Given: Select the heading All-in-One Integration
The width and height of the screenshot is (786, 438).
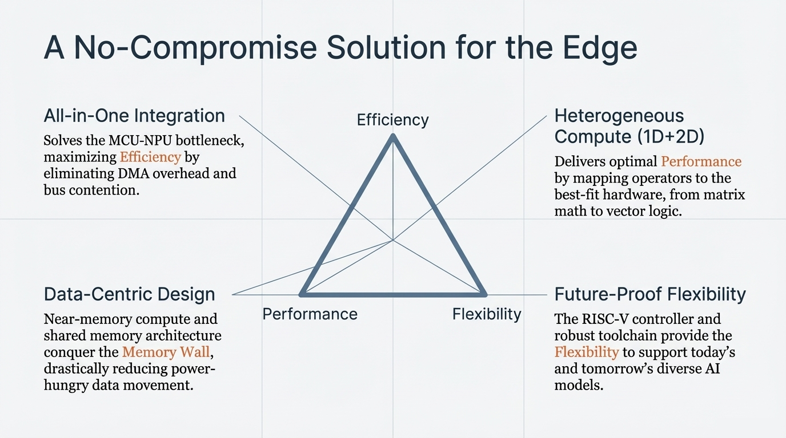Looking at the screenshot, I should click(134, 116).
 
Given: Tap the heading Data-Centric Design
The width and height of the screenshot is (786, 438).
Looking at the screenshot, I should click(130, 294).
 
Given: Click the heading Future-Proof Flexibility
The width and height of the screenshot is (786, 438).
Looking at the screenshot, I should click(650, 294).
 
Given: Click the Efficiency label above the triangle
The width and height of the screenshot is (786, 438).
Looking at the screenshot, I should click(392, 120).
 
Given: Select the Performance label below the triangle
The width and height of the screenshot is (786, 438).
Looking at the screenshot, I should click(310, 314).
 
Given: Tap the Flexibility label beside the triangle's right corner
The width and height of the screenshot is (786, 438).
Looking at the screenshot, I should click(487, 314).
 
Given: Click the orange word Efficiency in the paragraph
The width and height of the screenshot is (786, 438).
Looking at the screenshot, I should click(150, 157).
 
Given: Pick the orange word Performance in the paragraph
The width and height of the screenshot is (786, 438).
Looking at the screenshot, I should click(701, 161).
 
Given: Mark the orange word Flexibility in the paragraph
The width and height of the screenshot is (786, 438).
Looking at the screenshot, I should click(587, 352).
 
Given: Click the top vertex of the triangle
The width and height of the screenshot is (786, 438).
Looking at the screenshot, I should click(392, 136).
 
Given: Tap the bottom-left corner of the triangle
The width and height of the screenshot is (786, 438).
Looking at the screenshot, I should click(302, 294).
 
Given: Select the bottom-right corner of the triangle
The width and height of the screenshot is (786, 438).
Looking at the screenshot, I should click(484, 294).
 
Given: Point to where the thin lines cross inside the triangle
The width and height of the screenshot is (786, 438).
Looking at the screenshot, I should click(392, 240).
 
